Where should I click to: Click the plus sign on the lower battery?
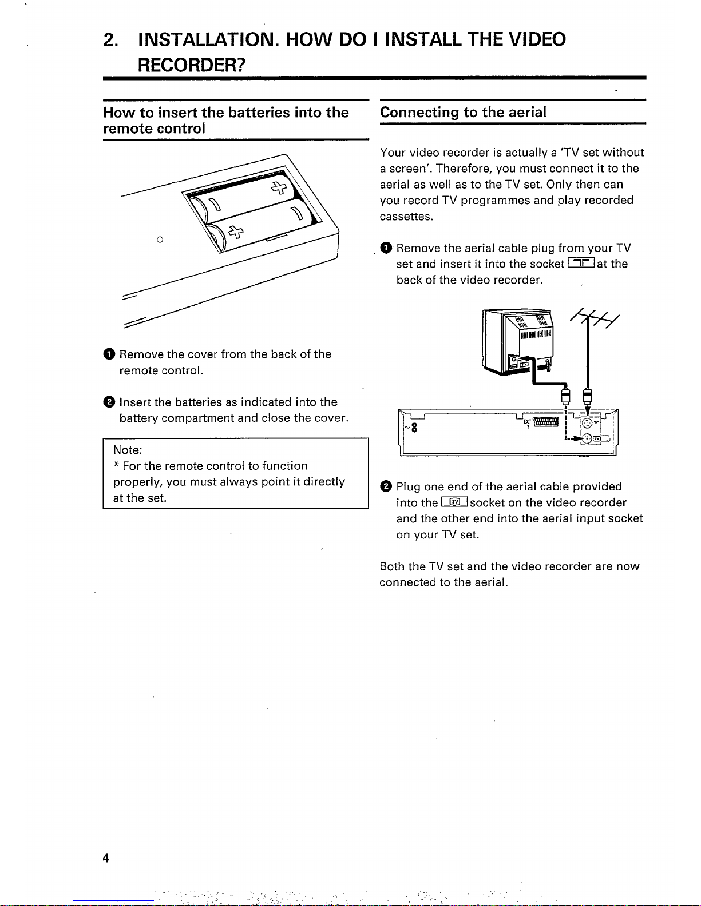click(235, 232)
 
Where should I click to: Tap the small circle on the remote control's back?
click(160, 240)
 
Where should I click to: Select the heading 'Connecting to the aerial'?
click(463, 112)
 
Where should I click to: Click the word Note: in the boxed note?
click(128, 450)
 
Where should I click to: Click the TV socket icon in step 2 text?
click(455, 502)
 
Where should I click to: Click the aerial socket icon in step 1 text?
click(581, 264)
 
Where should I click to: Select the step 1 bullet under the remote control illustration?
click(109, 354)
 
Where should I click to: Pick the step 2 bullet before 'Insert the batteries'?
click(109, 402)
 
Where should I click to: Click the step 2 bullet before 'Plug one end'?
click(386, 487)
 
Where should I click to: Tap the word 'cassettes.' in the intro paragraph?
click(406, 217)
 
